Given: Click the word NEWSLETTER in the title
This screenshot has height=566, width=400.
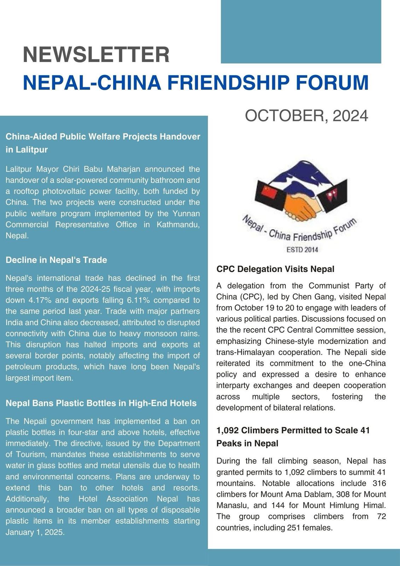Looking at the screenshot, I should coord(96,55).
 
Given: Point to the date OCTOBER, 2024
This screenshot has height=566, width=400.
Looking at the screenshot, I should coord(306,116).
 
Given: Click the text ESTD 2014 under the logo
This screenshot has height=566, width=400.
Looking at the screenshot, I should coord(302,250).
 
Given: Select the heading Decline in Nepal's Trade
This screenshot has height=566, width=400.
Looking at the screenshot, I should coord(56,260).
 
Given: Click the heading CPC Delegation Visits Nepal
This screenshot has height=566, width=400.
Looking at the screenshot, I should coord(275,269).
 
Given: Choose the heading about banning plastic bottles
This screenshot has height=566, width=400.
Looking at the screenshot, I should coord(101,403).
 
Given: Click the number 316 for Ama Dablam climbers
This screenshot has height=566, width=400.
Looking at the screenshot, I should coord(379,483).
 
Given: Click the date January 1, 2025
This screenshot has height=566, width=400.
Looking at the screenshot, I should coord(35,532).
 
